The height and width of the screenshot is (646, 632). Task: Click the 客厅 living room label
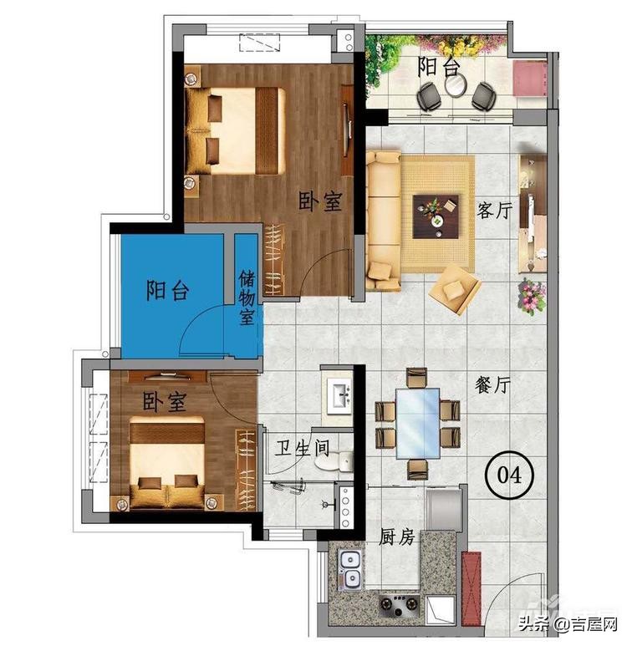[x=494, y=211]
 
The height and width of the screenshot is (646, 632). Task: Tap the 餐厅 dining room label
[x=492, y=385]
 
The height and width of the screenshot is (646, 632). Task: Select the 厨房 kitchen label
[x=396, y=537]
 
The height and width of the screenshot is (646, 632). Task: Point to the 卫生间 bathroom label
[x=303, y=447]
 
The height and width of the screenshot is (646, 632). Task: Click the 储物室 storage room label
[x=247, y=298]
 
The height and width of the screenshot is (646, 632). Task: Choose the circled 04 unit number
[x=510, y=475]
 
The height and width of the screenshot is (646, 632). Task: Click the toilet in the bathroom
[x=334, y=461]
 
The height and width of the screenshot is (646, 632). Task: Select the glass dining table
[x=418, y=423]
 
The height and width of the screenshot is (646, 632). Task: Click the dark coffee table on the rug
[x=436, y=216]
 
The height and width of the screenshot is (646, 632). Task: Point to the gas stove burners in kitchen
[x=399, y=604]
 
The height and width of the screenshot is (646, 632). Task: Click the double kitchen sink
[x=350, y=569]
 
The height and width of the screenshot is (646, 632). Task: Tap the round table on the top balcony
[x=456, y=85]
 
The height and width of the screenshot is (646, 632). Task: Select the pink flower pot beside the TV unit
[x=533, y=296]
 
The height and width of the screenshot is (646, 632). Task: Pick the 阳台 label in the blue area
[x=168, y=290]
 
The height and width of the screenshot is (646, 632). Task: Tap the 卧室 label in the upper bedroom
[x=320, y=201]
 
